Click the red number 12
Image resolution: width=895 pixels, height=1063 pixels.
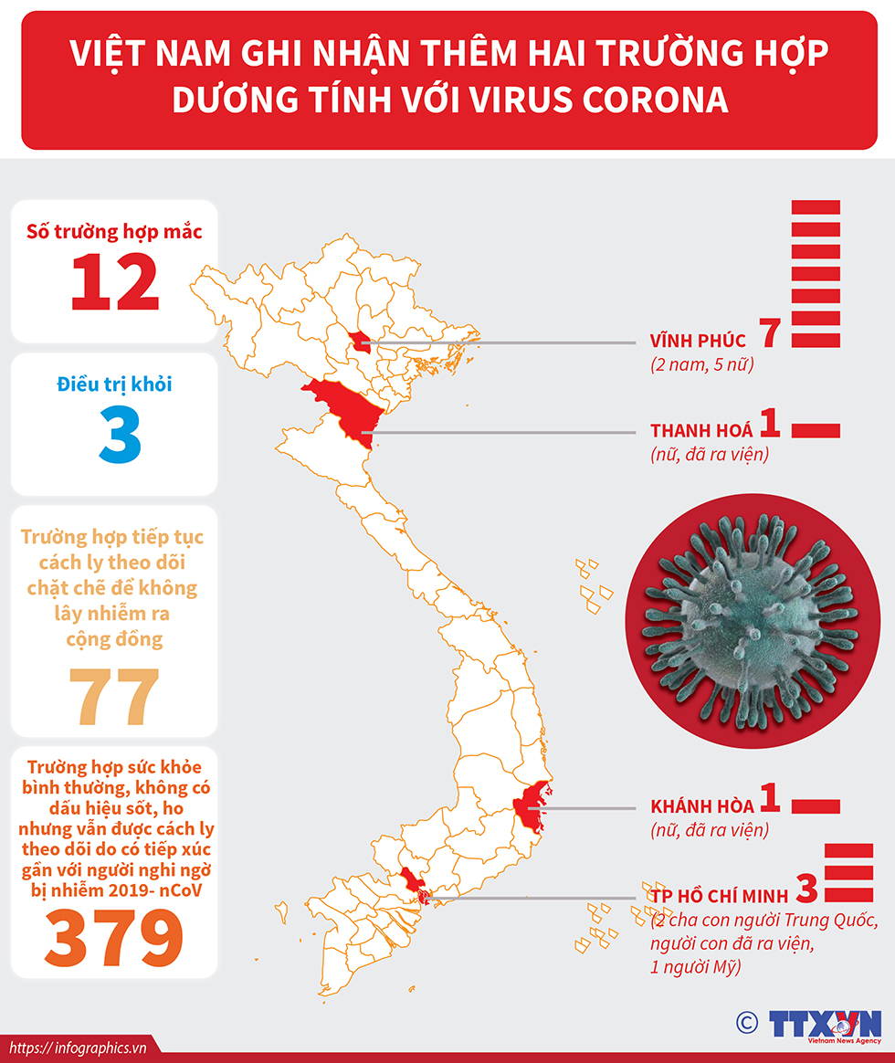coord(115,281)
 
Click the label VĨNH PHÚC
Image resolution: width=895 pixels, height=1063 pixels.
coord(698,342)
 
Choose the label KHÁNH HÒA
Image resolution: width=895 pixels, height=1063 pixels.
coord(702,806)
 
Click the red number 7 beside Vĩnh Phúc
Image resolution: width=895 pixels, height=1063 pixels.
coord(769,334)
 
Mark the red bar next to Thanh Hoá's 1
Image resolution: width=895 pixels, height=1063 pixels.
coord(815,430)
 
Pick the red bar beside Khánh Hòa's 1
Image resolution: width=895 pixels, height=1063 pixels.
coord(815,805)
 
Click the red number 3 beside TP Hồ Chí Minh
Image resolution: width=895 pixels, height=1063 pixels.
coord(806,888)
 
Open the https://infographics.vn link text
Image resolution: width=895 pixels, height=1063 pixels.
coord(77,1047)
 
